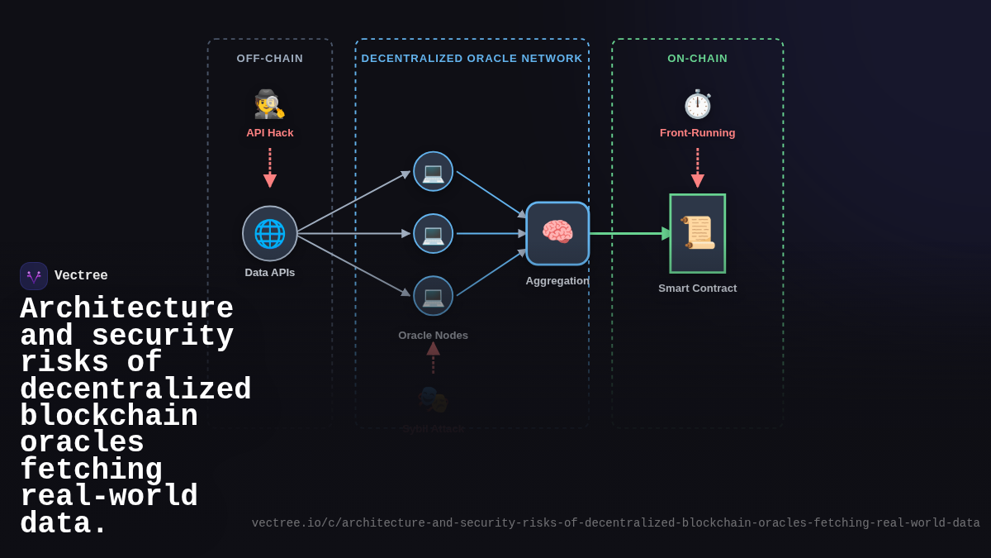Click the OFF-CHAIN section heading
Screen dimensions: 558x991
[270, 59]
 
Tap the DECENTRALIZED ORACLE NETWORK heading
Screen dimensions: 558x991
[472, 59]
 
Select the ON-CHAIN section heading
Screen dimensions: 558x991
[697, 59]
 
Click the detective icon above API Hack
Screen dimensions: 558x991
[269, 104]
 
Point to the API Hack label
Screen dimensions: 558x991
[270, 133]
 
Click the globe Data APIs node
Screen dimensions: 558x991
[270, 234]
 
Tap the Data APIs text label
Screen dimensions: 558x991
[270, 273]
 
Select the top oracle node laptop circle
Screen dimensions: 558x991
[433, 172]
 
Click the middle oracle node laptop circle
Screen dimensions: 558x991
[433, 234]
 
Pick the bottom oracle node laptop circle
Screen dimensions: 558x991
[433, 296]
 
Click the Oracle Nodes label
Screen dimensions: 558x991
[433, 336]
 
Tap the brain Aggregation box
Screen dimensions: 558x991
[557, 233]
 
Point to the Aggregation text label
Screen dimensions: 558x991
[557, 281]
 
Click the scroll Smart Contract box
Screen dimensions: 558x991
[697, 233]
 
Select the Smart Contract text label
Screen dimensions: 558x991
[697, 289]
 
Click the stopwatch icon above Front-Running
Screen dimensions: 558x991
[697, 104]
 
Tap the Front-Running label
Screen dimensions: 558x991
[697, 133]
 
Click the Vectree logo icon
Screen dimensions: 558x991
[34, 276]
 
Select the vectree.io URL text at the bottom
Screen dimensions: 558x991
[615, 523]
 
